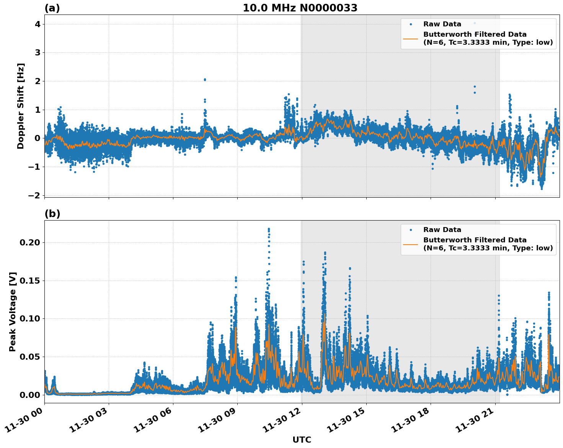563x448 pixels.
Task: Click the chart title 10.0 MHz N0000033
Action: point(300,8)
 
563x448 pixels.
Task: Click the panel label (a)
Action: point(52,8)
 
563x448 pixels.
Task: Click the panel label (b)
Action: point(52,214)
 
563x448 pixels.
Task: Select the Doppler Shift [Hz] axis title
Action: point(21,106)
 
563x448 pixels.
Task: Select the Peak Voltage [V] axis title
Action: point(13,312)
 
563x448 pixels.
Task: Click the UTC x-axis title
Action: point(302,440)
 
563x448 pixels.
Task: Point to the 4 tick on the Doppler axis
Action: point(38,24)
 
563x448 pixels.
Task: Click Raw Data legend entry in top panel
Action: point(442,24)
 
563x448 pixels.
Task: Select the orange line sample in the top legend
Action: point(411,39)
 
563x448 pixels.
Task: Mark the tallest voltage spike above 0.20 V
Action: point(269,229)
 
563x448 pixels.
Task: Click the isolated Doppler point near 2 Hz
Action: point(205,80)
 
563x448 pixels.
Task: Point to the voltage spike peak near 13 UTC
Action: point(325,253)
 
